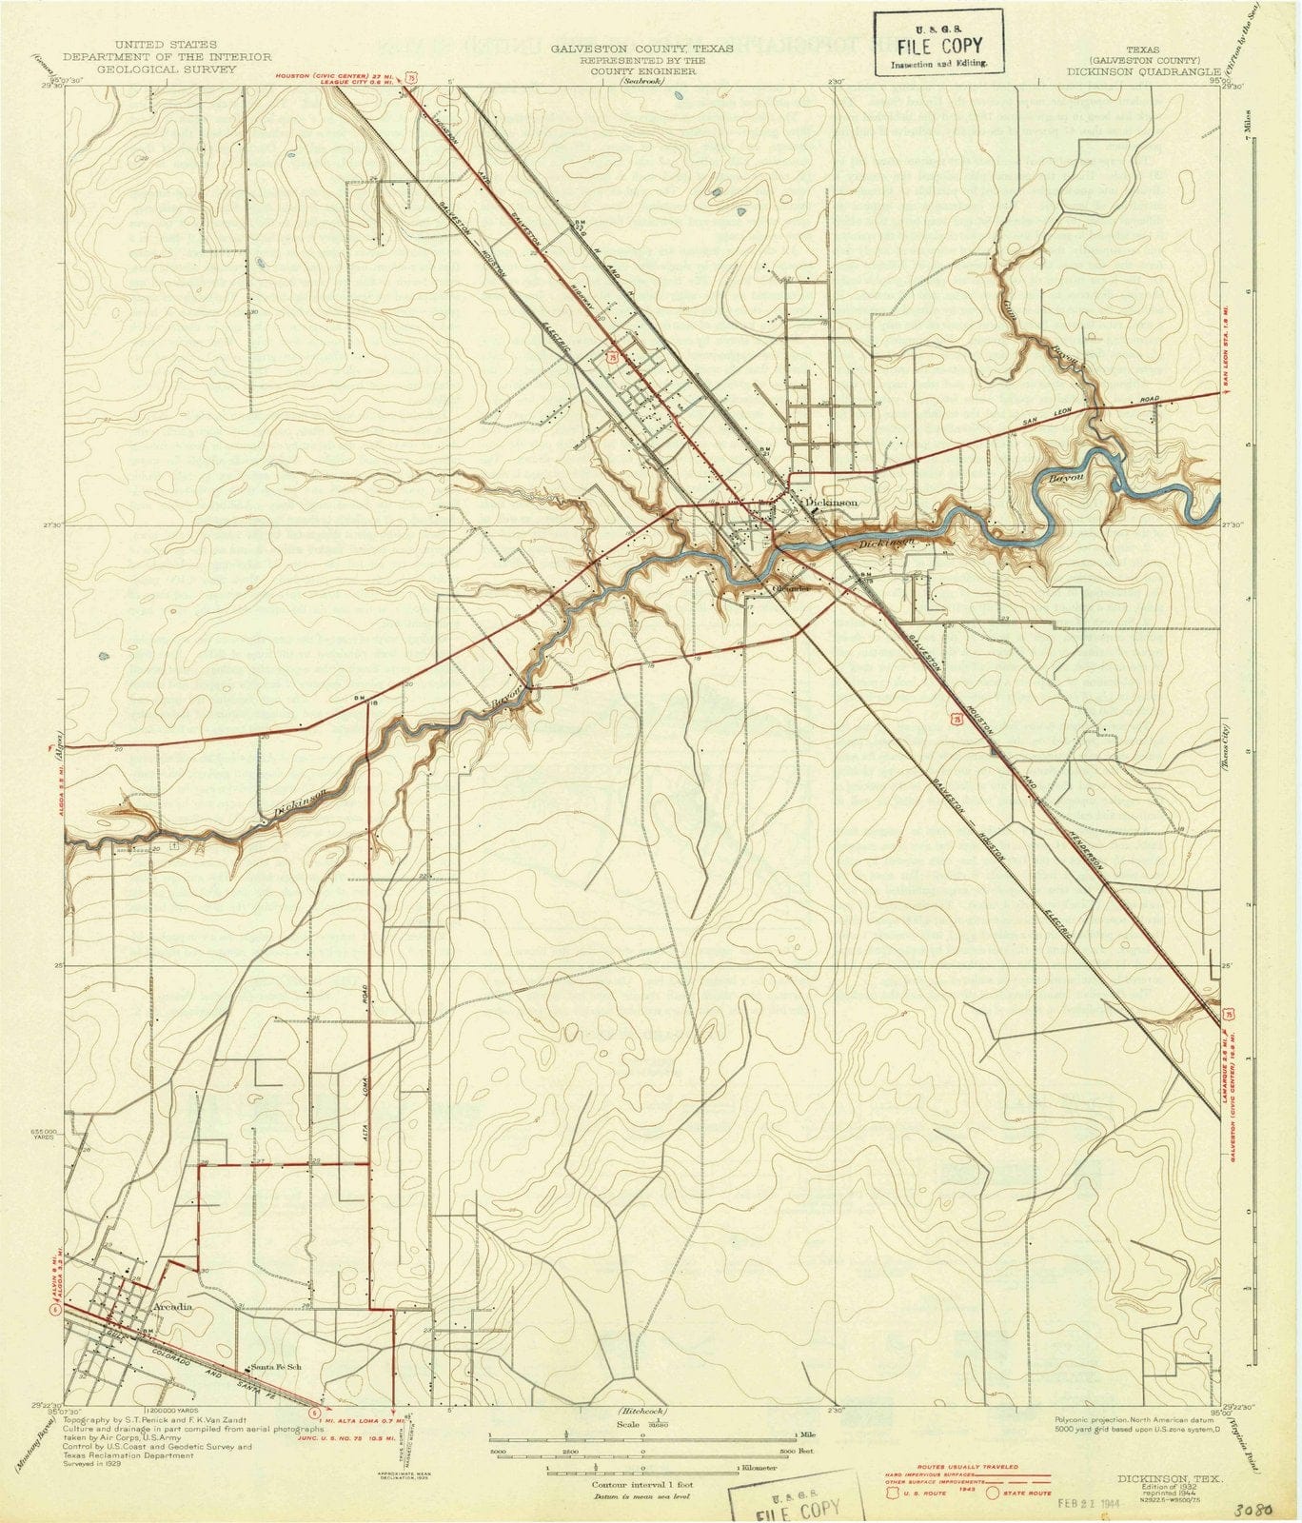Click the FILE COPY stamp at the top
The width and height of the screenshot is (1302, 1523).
coord(938,45)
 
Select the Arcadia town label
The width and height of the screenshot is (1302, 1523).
coord(172,1307)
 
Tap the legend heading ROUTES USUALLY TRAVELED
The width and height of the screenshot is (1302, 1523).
coord(966,1467)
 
